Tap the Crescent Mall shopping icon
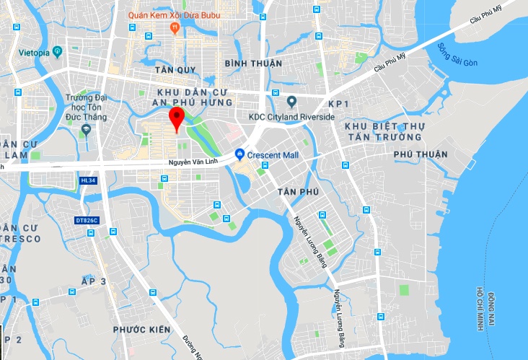point(239,154)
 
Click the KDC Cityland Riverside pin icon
point(292,102)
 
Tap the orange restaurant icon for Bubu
point(174,27)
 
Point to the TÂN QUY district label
point(175,70)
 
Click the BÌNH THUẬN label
point(253,63)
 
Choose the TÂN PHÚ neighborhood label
point(297,192)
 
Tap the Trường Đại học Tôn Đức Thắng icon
point(87,130)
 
